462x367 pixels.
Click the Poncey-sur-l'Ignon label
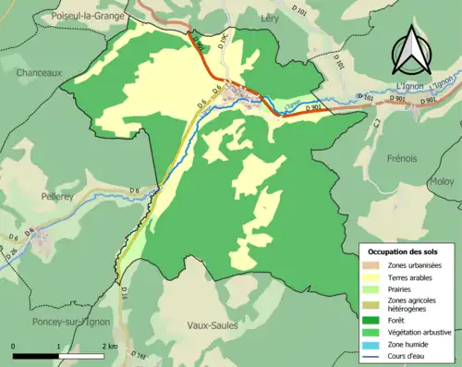[x=69, y=322]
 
